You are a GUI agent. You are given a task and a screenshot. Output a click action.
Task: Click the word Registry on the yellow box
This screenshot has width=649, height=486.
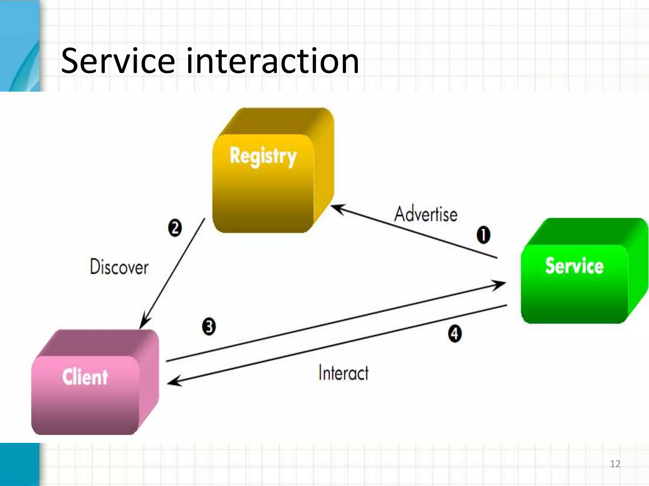pyautogui.click(x=263, y=156)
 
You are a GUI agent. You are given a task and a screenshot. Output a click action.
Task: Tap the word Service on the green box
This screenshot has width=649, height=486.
pyautogui.click(x=574, y=265)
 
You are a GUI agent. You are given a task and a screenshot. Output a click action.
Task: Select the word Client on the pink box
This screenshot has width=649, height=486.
pyautogui.click(x=85, y=377)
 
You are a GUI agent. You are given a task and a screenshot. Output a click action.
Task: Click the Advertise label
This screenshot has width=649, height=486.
pyautogui.click(x=426, y=214)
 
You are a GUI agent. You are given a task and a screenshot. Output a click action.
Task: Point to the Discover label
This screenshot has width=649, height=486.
pyautogui.click(x=119, y=267)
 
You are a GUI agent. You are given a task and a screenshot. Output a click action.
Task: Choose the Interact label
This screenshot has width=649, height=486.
pyautogui.click(x=344, y=372)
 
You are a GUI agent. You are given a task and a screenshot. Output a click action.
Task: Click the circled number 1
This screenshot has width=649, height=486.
pyautogui.click(x=483, y=235)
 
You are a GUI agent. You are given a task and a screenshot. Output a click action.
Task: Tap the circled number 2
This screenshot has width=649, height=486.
pyautogui.click(x=175, y=228)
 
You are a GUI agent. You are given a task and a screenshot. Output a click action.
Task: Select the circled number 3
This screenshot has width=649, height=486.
pyautogui.click(x=209, y=327)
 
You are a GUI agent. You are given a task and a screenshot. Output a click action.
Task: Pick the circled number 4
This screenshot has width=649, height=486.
pyautogui.click(x=455, y=333)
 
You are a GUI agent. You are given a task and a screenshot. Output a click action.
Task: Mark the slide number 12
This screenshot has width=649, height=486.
pyautogui.click(x=615, y=464)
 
